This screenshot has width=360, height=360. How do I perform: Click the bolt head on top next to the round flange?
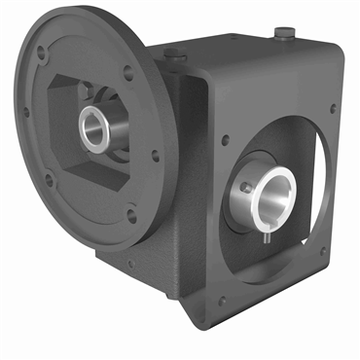point(171,55)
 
